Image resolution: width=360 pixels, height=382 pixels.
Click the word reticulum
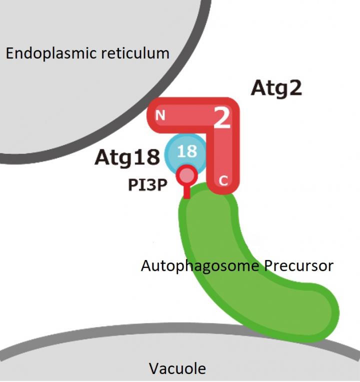[x=136, y=52]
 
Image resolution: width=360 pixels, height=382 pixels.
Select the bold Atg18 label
[x=127, y=157]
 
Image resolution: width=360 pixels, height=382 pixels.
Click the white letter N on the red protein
[x=160, y=116]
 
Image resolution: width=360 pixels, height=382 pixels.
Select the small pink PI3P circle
[x=186, y=174]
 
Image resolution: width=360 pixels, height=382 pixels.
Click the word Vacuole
[x=177, y=368]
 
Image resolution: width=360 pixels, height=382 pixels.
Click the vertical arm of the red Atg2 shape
[x=224, y=155]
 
